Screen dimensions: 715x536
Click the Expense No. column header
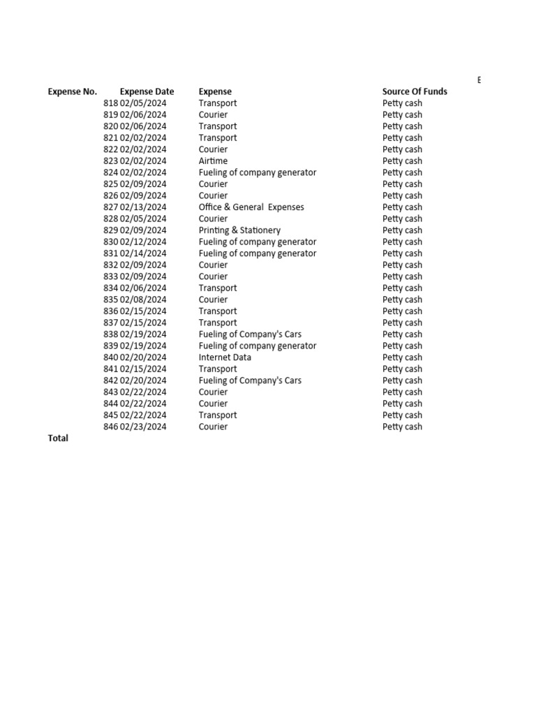pyautogui.click(x=73, y=91)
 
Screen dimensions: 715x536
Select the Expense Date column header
pyautogui.click(x=147, y=91)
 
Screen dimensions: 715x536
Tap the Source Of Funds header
pyautogui.click(x=415, y=91)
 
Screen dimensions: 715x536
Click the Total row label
pyautogui.click(x=58, y=438)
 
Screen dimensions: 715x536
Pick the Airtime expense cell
pyautogui.click(x=213, y=161)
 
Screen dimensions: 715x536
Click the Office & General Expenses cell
pyautogui.click(x=251, y=207)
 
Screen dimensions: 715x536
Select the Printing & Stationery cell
pyautogui.click(x=239, y=230)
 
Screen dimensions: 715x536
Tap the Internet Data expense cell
pyautogui.click(x=225, y=357)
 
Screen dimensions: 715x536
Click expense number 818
pyautogui.click(x=110, y=103)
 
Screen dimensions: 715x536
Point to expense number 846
pyautogui.click(x=110, y=427)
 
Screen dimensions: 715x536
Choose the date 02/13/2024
pyautogui.click(x=143, y=207)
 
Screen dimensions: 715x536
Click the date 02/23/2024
pyautogui.click(x=143, y=427)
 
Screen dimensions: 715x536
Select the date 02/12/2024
pyautogui.click(x=143, y=242)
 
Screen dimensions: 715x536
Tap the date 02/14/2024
pyautogui.click(x=143, y=253)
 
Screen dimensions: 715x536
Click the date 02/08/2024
pyautogui.click(x=143, y=300)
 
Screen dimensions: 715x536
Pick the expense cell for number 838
pyautogui.click(x=250, y=334)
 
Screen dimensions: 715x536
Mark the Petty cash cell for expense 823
pyautogui.click(x=402, y=161)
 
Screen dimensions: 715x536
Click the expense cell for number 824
pyautogui.click(x=257, y=172)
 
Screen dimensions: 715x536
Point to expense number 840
pyautogui.click(x=110, y=357)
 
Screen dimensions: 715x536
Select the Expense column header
pyautogui.click(x=215, y=91)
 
